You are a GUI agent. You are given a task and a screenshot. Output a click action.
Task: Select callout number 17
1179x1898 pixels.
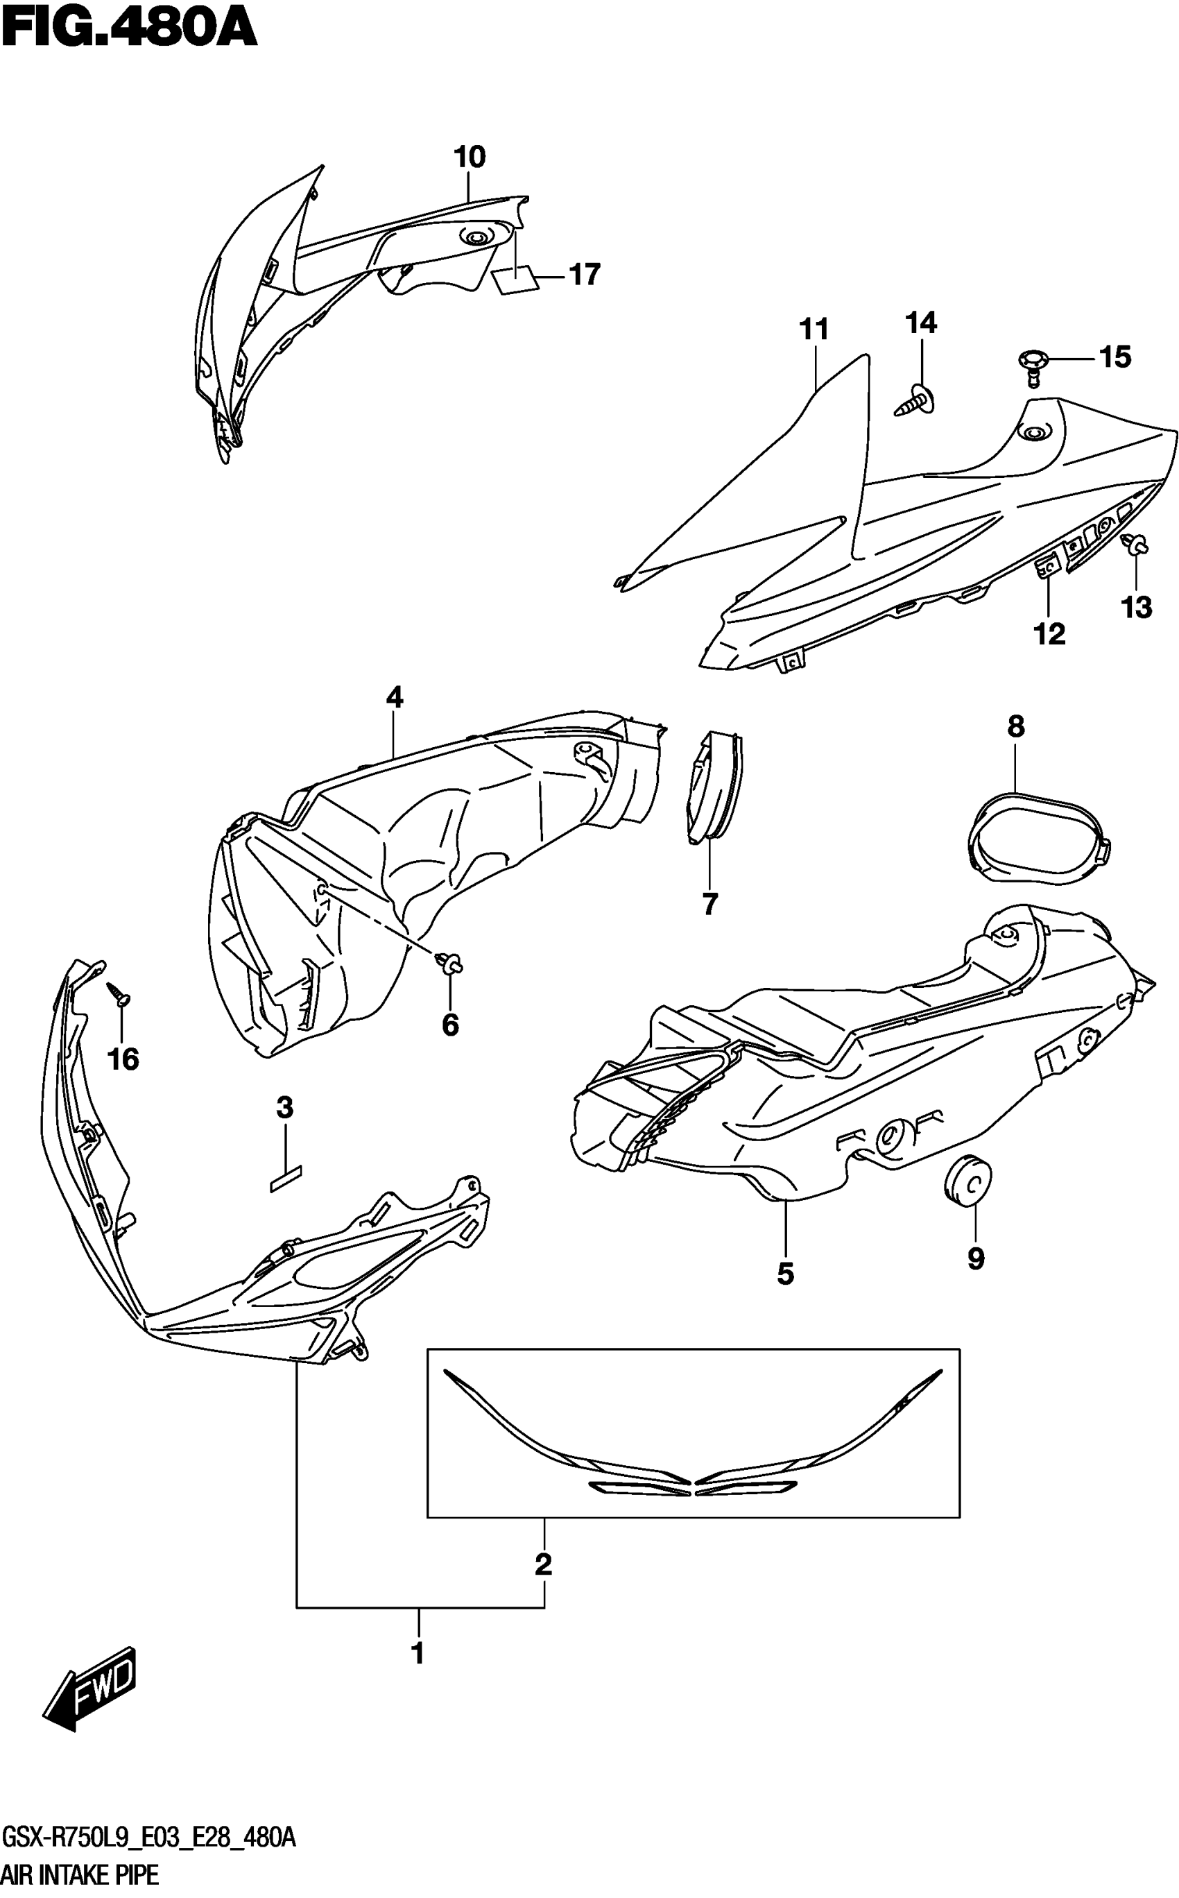pyautogui.click(x=585, y=275)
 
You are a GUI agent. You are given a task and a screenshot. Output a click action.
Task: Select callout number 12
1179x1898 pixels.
pyautogui.click(x=1049, y=633)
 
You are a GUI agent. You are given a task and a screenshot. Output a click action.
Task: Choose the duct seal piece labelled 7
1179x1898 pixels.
pyautogui.click(x=713, y=787)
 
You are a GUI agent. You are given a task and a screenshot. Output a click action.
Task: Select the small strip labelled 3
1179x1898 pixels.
pyautogui.click(x=286, y=1179)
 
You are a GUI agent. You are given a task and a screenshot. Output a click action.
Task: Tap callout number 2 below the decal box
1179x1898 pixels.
pyautogui.click(x=544, y=1564)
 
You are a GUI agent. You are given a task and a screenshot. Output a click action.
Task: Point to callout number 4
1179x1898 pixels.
pyautogui.click(x=395, y=696)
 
